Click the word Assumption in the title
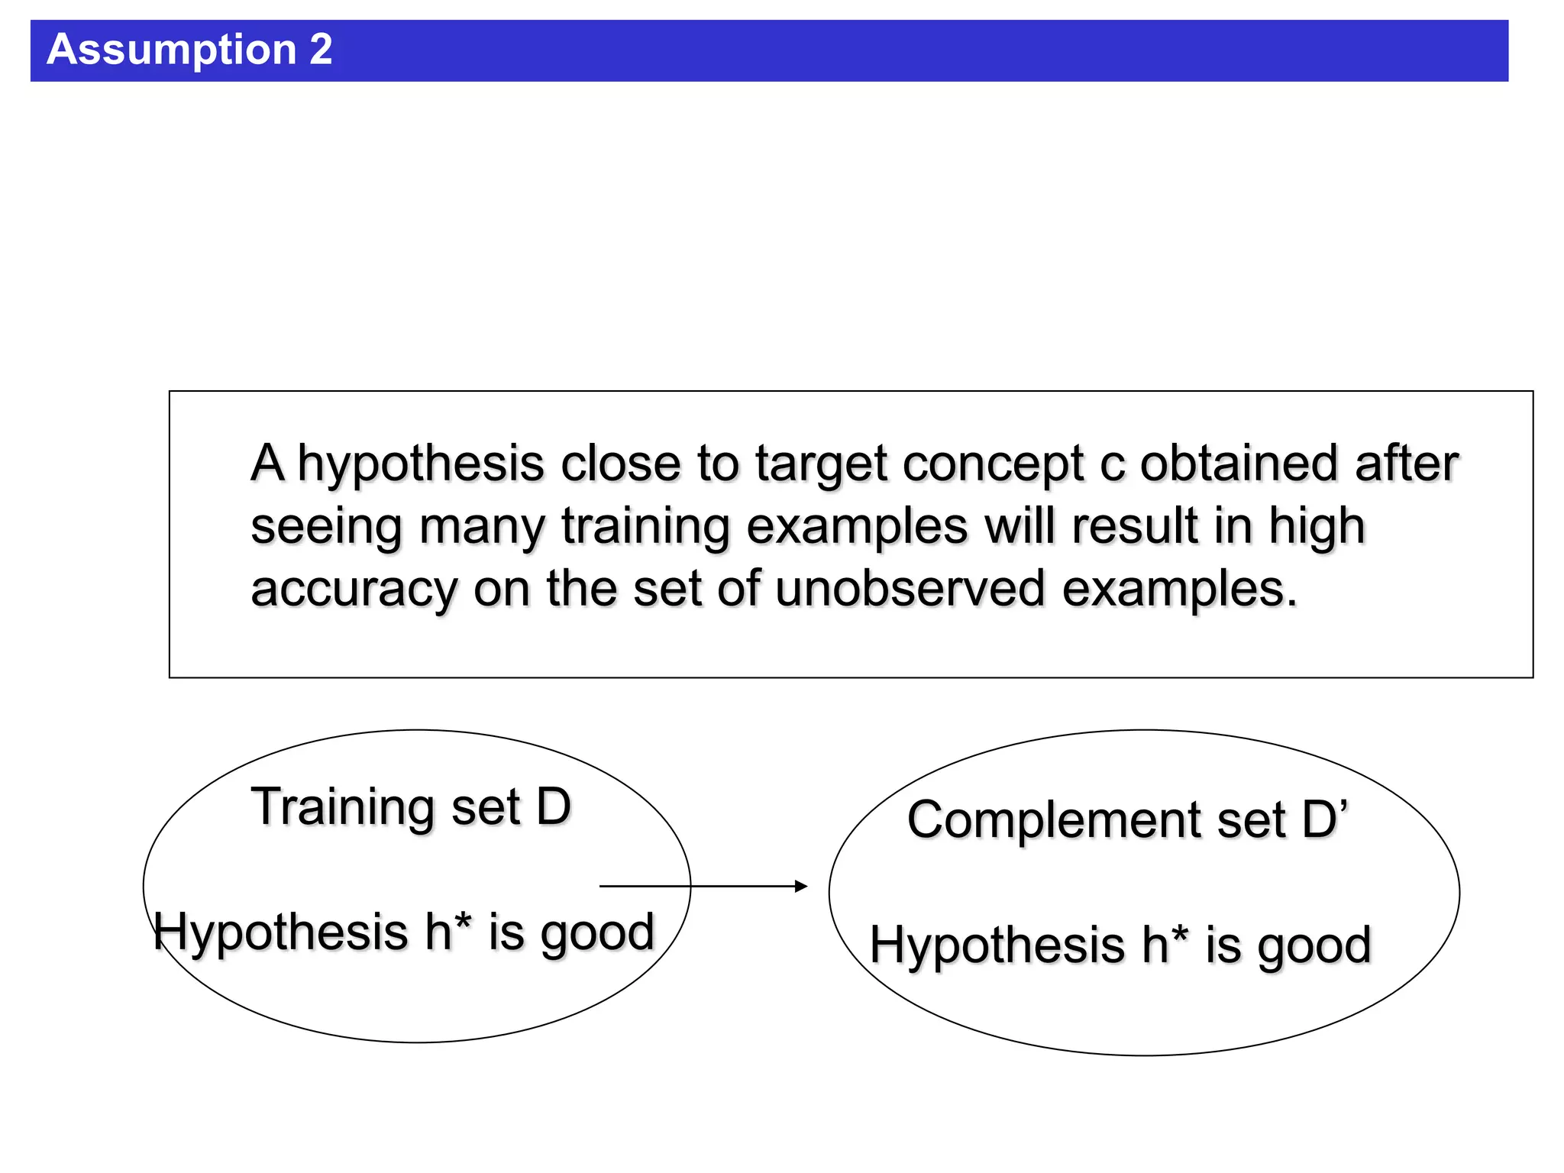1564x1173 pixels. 171,50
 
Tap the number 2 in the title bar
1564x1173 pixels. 321,50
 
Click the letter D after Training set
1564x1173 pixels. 554,807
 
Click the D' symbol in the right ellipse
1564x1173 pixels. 1325,819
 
